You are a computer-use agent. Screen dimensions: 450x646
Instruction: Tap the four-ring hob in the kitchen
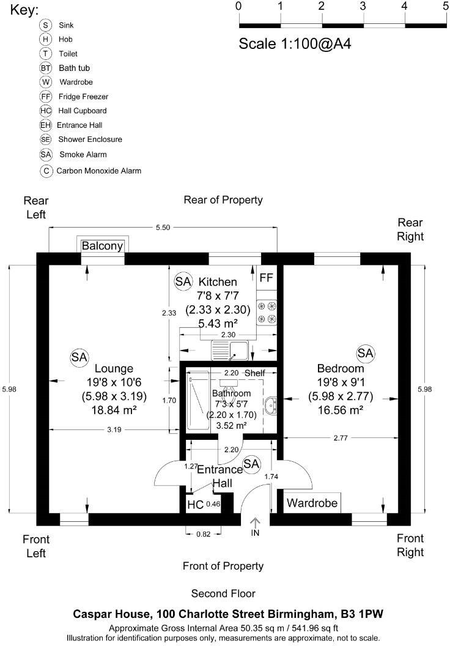pos(267,312)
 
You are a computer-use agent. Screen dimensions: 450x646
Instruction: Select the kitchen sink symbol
pos(230,351)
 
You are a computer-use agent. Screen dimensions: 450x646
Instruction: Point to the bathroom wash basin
pos(271,406)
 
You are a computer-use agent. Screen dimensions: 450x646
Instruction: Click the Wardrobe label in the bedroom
pos(312,503)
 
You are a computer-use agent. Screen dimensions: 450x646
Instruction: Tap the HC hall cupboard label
pos(195,505)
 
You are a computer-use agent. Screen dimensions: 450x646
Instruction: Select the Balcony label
pos(102,246)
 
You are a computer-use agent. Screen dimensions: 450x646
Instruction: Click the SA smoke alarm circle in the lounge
pos(79,357)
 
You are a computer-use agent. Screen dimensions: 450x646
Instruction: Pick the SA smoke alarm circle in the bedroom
pos(365,353)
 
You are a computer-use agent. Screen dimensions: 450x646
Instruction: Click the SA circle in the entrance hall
pos(251,464)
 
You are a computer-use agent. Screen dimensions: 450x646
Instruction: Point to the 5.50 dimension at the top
pos(163,228)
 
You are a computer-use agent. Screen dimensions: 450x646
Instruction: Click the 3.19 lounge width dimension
pos(114,429)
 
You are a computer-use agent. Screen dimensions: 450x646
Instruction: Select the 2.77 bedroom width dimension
pos(341,438)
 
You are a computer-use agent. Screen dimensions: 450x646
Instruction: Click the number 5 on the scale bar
pos(446,6)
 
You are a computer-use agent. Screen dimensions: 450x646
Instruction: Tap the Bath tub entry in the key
pos(74,68)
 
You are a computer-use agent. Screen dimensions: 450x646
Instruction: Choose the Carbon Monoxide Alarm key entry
pos(99,171)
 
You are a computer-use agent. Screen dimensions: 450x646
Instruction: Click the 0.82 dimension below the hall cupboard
pos(204,534)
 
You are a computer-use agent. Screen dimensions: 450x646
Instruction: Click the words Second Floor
pos(223,593)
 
